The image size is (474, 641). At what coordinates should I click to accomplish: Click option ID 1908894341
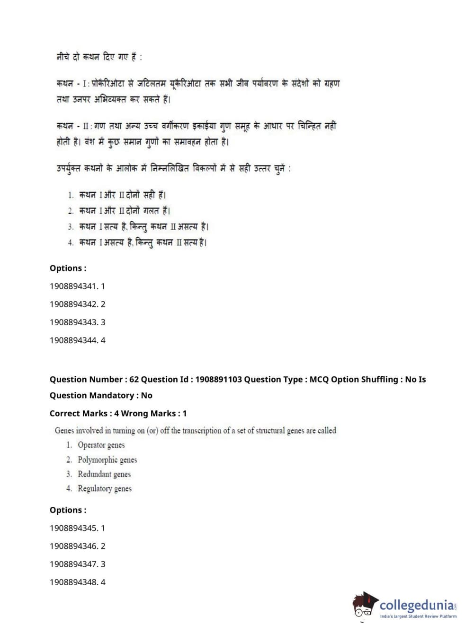77,286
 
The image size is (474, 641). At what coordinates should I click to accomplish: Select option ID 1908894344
77,340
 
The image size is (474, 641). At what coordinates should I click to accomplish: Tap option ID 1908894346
77,546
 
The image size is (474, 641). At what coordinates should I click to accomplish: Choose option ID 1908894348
77,582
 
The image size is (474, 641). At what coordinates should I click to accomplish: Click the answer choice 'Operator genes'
101,445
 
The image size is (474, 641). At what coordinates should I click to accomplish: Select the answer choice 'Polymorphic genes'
107,460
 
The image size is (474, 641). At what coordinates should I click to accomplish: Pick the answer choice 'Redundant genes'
104,474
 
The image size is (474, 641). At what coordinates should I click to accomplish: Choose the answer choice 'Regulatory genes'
105,489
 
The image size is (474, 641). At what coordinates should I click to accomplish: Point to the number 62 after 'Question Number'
134,380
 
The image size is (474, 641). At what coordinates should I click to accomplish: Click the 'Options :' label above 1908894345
68,511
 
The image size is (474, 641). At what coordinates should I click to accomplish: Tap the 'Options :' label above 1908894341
68,269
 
